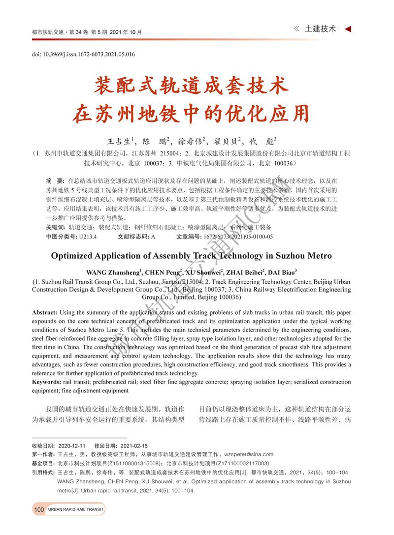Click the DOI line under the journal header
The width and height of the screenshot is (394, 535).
83,54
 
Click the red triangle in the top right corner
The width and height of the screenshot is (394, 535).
348,29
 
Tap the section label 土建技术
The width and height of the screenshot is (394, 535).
321,29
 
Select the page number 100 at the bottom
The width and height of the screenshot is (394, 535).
39,509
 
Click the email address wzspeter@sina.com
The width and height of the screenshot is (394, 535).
248,454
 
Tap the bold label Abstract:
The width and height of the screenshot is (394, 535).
44,313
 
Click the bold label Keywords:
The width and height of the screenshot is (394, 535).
47,382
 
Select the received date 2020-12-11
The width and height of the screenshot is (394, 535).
71,446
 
